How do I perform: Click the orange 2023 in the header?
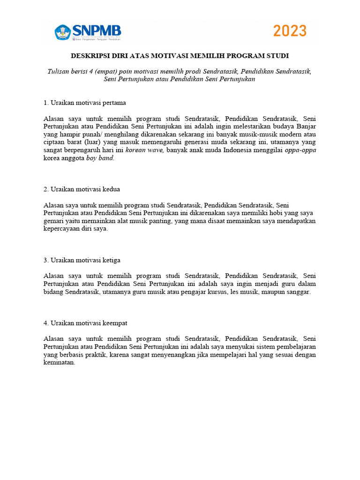290,31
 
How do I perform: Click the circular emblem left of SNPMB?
62,32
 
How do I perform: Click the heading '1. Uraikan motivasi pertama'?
84,102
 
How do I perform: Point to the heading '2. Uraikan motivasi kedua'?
82,189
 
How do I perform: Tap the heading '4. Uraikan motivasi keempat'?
85,323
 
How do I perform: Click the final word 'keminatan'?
59,363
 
